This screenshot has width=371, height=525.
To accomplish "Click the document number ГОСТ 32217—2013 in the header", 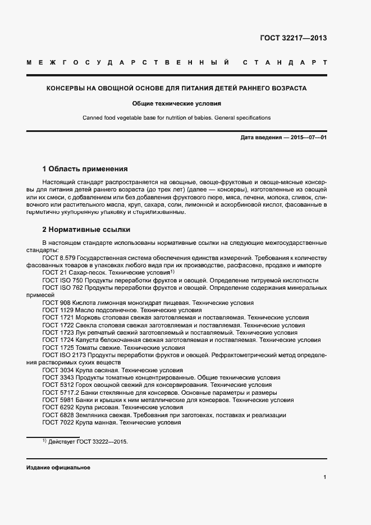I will click(x=293, y=39).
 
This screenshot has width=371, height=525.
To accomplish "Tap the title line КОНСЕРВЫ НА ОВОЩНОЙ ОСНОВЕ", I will click(x=176, y=89).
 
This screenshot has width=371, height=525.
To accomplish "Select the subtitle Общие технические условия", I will click(x=176, y=103).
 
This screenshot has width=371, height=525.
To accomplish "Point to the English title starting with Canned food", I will click(x=176, y=118).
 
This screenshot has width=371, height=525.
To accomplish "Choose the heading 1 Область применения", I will click(x=85, y=168).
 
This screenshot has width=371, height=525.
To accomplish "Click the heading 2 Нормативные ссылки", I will click(x=86, y=230).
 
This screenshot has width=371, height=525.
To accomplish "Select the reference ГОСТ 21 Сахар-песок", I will click(x=109, y=272).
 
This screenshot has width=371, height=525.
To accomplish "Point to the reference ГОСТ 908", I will click(x=140, y=303).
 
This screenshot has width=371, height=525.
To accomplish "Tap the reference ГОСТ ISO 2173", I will click(x=185, y=355).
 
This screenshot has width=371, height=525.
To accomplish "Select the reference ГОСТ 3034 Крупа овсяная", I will click(x=112, y=371).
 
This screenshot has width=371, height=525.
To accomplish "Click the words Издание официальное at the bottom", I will click(x=58, y=468).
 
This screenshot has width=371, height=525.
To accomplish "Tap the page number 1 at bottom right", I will click(x=325, y=477).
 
